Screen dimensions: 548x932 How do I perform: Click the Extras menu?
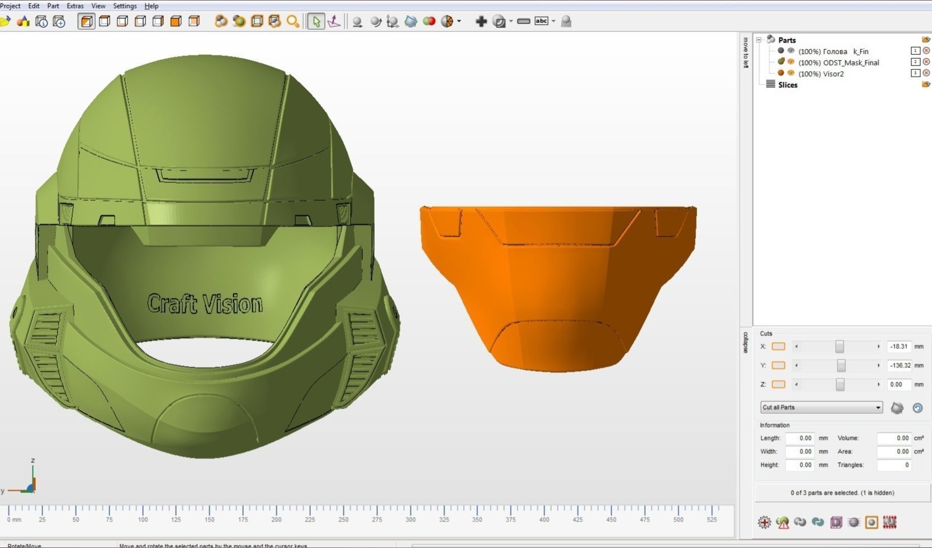tap(75, 6)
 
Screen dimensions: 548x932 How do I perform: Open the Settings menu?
tap(125, 6)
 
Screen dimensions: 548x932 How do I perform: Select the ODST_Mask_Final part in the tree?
tap(851, 63)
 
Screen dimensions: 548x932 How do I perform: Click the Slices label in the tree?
tap(788, 85)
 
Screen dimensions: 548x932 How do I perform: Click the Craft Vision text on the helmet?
tap(205, 304)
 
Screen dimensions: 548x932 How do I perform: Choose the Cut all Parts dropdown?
tap(821, 407)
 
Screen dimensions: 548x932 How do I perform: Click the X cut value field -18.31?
tap(898, 347)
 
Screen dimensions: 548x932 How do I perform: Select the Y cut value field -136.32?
tap(898, 366)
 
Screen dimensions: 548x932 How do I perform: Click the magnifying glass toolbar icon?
tap(292, 21)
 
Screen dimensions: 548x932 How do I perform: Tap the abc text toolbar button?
tap(541, 21)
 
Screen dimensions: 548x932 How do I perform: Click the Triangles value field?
tap(894, 465)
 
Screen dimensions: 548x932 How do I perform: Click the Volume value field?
tap(894, 438)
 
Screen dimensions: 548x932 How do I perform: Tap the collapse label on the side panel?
tap(745, 342)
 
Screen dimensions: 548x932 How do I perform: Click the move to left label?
tap(745, 53)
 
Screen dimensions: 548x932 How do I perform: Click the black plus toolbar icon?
tap(481, 21)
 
